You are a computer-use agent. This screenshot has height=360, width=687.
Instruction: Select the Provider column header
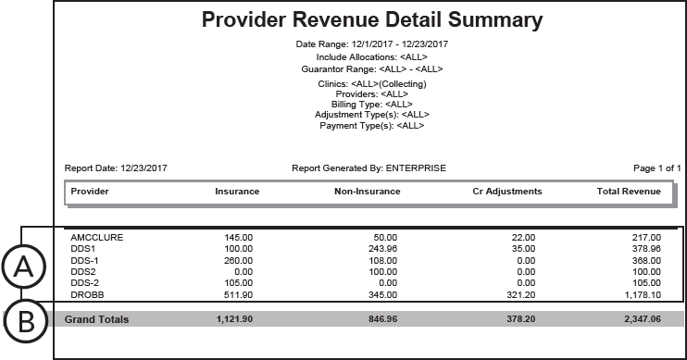(x=90, y=192)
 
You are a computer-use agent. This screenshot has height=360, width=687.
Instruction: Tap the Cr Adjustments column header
(x=501, y=192)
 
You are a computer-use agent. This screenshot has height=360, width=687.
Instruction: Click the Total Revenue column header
(x=629, y=192)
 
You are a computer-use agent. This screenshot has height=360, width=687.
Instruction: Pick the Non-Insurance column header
(x=367, y=192)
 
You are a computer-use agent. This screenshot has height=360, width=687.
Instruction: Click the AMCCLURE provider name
(x=96, y=238)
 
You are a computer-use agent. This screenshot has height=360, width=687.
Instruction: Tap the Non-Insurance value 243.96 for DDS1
(x=380, y=249)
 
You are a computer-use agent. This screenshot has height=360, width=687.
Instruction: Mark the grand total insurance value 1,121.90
(x=237, y=319)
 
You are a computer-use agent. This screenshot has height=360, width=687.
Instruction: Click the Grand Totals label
(x=96, y=319)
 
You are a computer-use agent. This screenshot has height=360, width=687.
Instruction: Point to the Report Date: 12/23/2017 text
(x=116, y=168)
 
